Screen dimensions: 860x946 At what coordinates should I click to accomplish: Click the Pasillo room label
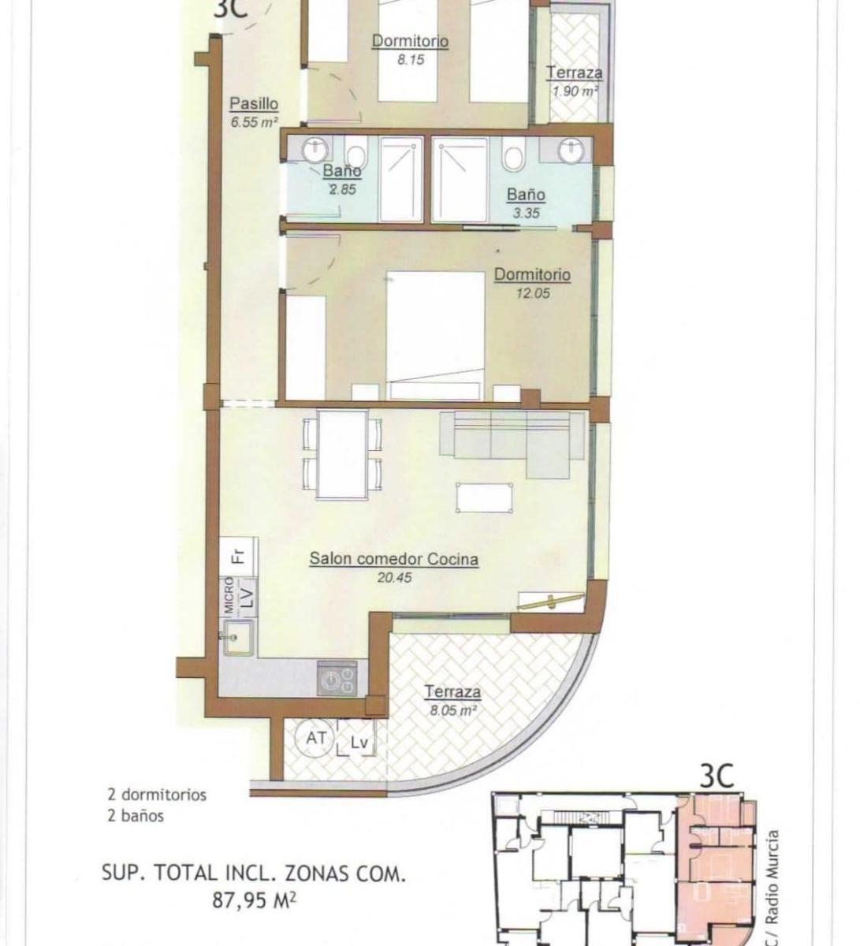pos(253,104)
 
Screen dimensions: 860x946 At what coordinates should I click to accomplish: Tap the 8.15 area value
pos(411,60)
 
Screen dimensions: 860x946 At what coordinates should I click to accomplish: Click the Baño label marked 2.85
pos(341,170)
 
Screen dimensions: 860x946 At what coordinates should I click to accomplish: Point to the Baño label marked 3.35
pos(526,194)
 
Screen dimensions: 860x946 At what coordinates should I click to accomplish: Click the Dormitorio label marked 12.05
pos(532,274)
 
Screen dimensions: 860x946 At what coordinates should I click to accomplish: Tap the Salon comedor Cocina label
pos(394,559)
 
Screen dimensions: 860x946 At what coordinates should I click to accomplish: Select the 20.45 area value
pos(394,577)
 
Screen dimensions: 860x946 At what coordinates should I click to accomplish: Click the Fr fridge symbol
pos(239,557)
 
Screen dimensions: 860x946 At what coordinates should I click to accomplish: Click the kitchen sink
pos(238,638)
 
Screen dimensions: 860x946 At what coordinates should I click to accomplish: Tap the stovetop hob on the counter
pos(337,678)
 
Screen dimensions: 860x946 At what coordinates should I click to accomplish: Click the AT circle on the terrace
pos(315,738)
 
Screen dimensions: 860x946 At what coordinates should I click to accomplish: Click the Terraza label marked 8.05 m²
pos(452,692)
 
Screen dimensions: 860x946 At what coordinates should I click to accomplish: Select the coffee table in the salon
pos(484,497)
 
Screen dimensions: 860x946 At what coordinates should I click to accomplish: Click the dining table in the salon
pos(342,454)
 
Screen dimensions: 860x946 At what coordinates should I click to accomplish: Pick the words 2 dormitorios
pos(157,795)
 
